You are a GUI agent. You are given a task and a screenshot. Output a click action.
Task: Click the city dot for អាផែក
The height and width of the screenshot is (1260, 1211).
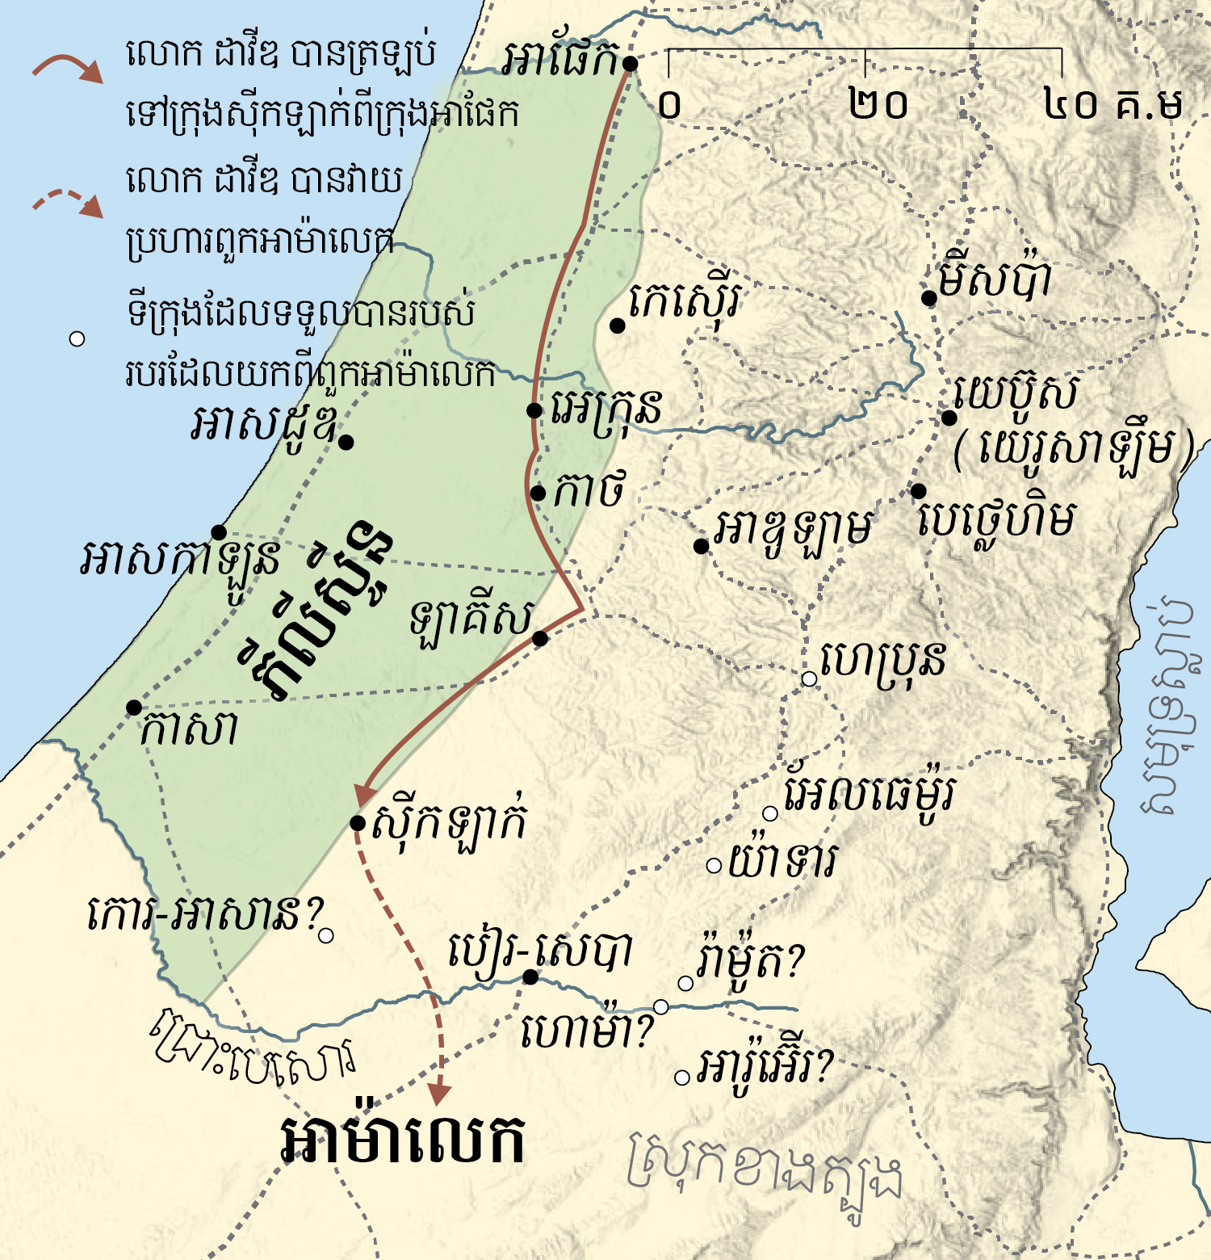pyautogui.click(x=630, y=63)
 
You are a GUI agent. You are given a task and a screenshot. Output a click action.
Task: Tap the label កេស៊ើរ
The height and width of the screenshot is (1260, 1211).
pyautogui.click(x=685, y=302)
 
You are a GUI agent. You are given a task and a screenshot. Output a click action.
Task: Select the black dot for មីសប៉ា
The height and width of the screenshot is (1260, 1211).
pyautogui.click(x=929, y=299)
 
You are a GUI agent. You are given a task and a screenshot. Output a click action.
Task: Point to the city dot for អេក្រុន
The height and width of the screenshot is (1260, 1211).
pyautogui.click(x=534, y=410)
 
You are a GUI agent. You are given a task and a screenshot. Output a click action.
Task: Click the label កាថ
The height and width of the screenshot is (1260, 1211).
pyautogui.click(x=589, y=490)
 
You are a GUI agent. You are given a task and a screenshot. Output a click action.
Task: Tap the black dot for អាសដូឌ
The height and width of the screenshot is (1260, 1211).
pyautogui.click(x=346, y=442)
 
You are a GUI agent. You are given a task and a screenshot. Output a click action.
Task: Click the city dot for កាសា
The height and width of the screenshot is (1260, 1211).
pyautogui.click(x=134, y=708)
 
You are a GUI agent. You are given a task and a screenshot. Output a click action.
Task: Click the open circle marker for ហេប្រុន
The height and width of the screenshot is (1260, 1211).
pyautogui.click(x=809, y=678)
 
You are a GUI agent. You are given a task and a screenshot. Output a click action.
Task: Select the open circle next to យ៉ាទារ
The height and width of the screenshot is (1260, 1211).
pyautogui.click(x=714, y=866)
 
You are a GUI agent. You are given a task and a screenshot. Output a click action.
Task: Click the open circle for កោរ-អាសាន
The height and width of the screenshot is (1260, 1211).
pyautogui.click(x=326, y=936)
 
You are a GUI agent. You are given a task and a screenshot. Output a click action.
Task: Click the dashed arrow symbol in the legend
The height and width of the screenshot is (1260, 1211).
pyautogui.click(x=68, y=203)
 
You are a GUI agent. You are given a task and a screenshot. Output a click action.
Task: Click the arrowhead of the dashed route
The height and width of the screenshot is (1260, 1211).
pyautogui.click(x=438, y=1094)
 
